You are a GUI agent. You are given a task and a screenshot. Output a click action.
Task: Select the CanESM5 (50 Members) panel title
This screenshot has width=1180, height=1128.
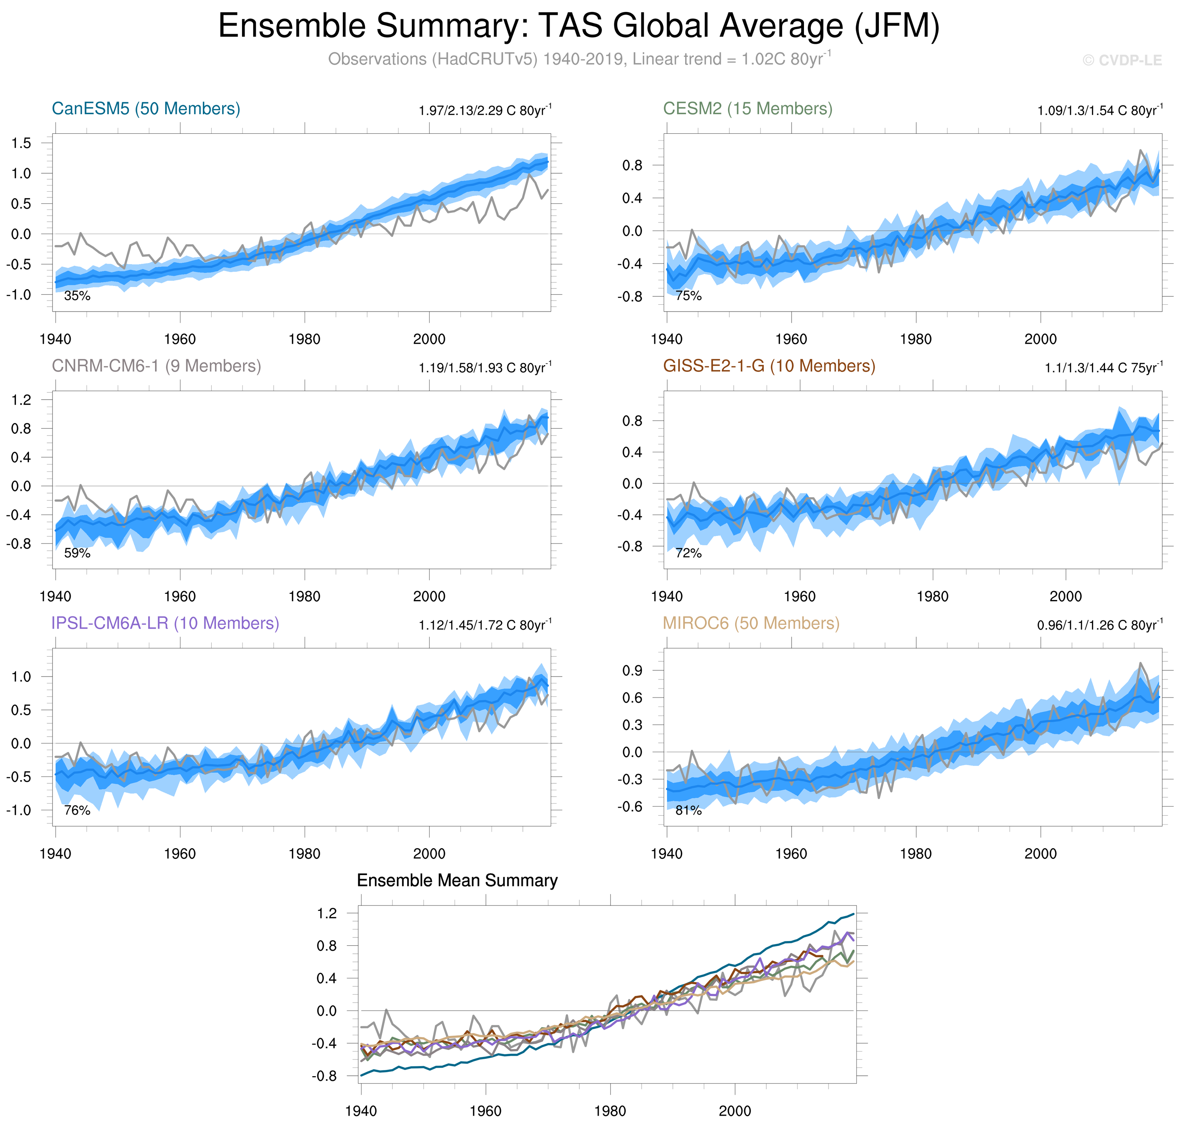pos(146,109)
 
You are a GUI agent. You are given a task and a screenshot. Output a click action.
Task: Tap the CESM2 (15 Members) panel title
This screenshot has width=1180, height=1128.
pos(747,109)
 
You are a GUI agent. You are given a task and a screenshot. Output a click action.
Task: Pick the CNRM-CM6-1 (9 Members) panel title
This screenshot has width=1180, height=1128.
pos(156,366)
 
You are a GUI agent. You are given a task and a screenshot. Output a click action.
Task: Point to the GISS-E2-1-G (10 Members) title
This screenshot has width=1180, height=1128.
pos(769,366)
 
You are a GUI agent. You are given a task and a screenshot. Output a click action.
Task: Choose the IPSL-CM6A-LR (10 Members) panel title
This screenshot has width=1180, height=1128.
pos(165,624)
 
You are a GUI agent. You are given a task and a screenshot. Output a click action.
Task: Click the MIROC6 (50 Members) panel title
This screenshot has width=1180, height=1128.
pos(751,624)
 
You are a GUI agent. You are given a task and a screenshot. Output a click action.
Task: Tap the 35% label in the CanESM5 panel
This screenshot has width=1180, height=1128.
pos(77,296)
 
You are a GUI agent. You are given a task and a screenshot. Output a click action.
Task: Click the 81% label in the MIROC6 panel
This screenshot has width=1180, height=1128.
pos(688,811)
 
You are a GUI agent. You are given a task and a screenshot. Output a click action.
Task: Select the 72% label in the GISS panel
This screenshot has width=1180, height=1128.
pos(688,553)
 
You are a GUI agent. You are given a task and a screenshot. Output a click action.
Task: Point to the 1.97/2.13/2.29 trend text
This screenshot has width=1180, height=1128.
pos(484,111)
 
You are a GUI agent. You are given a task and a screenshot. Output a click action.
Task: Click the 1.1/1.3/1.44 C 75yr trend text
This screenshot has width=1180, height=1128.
pos(1103,368)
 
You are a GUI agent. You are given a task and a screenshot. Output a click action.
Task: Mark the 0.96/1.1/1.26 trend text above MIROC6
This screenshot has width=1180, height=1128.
pos(1100,625)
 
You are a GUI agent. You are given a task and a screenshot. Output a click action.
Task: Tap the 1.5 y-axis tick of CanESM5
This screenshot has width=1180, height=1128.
pos(21,143)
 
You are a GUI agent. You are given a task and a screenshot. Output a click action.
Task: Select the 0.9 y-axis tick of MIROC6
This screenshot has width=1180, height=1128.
pos(632,670)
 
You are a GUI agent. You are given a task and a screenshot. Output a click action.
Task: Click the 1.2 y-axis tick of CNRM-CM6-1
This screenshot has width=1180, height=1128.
pos(21,400)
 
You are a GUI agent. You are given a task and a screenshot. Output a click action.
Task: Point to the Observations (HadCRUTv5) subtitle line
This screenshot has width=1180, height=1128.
pos(579,59)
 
